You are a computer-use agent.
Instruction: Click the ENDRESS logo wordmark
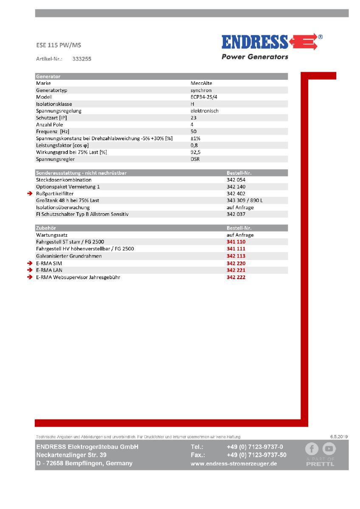click(255, 42)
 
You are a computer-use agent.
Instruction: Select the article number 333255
click(82, 59)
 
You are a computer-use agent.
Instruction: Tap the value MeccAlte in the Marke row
click(201, 84)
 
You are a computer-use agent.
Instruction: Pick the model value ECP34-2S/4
click(207, 97)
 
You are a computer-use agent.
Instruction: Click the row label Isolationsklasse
click(54, 104)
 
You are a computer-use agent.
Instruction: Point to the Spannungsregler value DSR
click(195, 159)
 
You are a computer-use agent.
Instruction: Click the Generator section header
click(48, 76)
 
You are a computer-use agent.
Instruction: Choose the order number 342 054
click(236, 180)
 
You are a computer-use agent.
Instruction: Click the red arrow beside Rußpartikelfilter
click(30, 193)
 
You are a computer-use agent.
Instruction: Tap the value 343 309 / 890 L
click(245, 200)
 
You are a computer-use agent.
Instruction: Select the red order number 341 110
click(236, 242)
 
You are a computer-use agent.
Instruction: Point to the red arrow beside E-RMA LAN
click(30, 270)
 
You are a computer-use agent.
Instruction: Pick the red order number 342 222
click(236, 277)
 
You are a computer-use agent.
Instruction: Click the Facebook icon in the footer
click(312, 448)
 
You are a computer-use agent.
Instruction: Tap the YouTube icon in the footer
click(329, 448)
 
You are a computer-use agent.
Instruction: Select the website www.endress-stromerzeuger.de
click(234, 464)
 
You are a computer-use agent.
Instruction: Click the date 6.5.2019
click(339, 436)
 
